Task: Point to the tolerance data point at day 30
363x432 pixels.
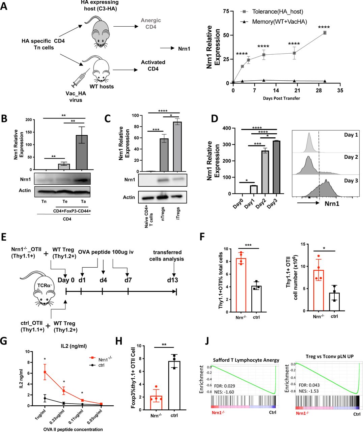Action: tap(325, 33)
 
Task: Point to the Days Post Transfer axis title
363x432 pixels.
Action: tap(282, 98)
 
